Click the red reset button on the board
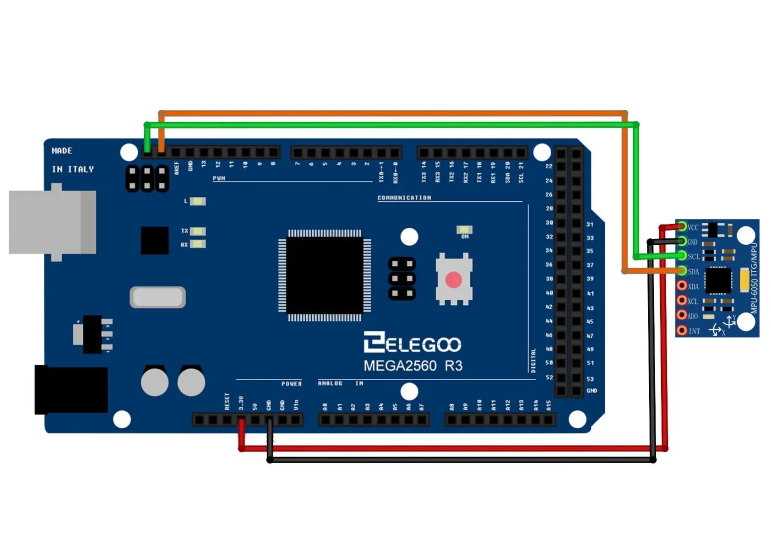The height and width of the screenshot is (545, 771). (x=453, y=280)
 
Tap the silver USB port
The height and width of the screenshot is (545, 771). (x=53, y=222)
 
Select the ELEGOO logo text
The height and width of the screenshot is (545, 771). (x=412, y=343)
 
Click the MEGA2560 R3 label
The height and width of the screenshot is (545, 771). (x=413, y=366)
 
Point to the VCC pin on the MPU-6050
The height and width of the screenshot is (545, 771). (x=682, y=227)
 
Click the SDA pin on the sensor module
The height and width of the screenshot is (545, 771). (x=682, y=271)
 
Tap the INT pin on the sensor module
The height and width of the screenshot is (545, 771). (x=682, y=330)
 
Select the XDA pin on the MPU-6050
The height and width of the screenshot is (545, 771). (x=682, y=286)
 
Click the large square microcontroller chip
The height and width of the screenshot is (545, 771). (x=325, y=275)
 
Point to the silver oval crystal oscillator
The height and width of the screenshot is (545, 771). (x=157, y=297)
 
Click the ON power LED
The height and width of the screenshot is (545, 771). (x=464, y=229)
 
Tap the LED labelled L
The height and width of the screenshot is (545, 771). (x=197, y=201)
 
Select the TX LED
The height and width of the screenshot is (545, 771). (x=197, y=232)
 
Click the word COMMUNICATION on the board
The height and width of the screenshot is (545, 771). (x=404, y=198)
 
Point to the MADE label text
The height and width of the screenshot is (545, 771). (x=62, y=151)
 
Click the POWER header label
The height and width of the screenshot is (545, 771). (x=291, y=384)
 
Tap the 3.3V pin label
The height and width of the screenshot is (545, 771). (x=241, y=403)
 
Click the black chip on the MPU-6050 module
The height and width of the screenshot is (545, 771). (x=717, y=280)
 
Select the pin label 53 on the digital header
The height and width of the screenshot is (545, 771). (x=590, y=379)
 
